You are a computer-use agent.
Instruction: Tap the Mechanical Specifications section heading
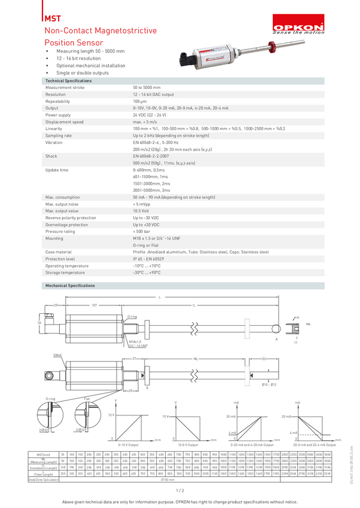71,286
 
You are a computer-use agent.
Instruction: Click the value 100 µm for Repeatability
140,101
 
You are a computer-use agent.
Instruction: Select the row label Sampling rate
59,136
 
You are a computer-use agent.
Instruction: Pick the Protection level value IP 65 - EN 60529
157,259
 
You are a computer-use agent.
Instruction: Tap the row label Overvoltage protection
67,224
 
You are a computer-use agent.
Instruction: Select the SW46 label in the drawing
57,355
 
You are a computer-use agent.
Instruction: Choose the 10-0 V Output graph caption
190,445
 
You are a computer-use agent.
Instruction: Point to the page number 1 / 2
180,490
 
